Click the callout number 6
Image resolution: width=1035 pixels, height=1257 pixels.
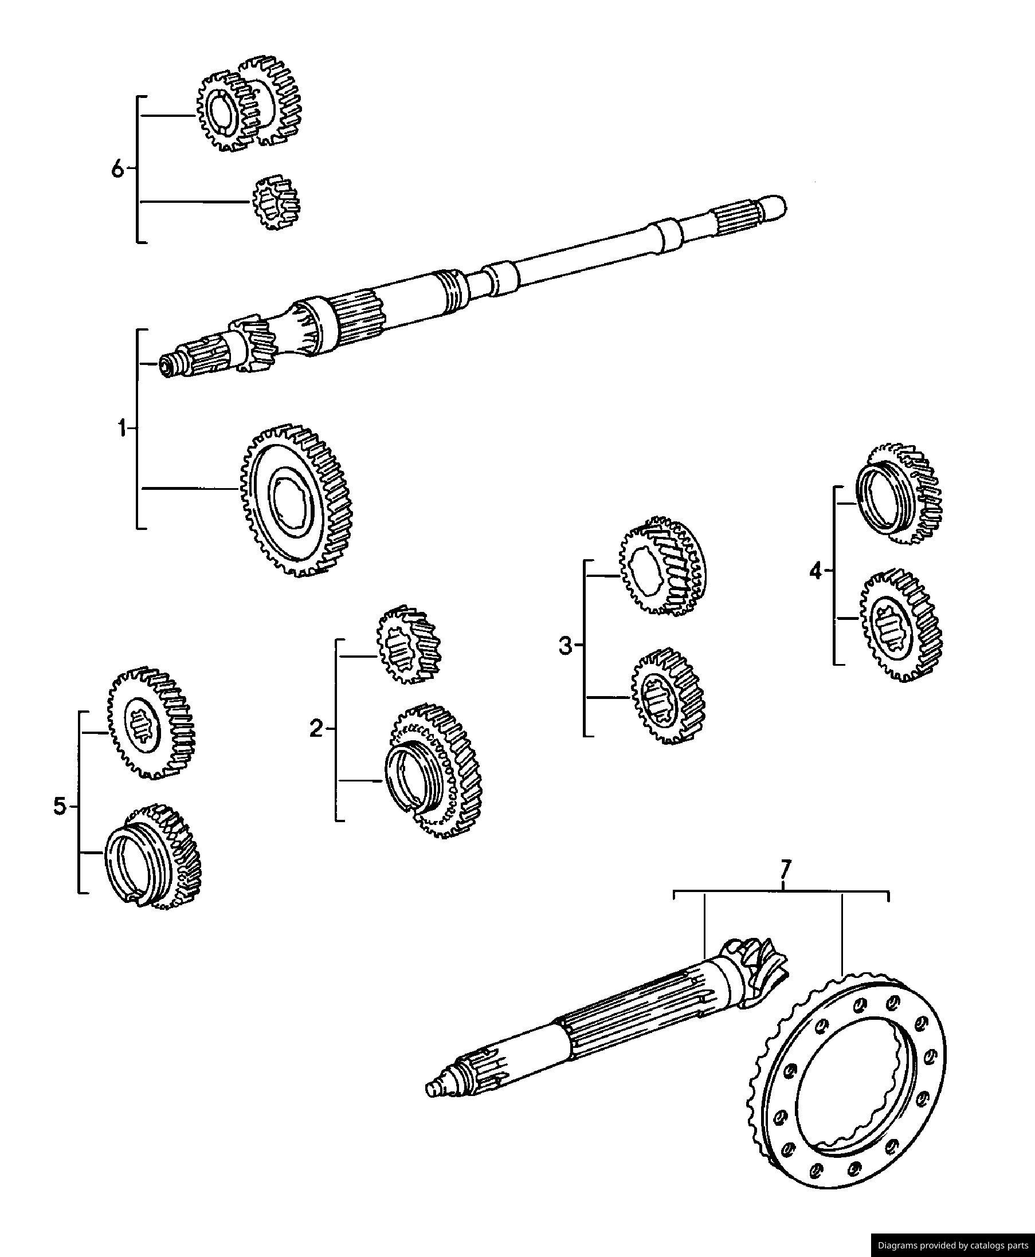click(117, 169)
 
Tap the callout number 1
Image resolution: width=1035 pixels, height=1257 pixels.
click(122, 428)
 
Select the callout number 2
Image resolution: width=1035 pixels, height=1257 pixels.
click(316, 728)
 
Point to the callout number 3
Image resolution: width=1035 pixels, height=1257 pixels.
click(565, 645)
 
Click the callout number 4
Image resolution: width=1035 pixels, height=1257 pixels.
click(816, 572)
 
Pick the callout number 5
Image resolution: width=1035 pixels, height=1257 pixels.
click(60, 807)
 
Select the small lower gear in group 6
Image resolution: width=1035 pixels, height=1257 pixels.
click(276, 203)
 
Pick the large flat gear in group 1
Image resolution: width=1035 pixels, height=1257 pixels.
click(296, 501)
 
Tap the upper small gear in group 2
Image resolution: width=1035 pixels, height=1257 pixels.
click(409, 645)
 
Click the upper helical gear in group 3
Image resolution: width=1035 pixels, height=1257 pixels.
click(663, 566)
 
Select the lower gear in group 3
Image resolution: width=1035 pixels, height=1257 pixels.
click(668, 696)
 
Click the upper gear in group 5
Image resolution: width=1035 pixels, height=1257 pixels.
click(151, 722)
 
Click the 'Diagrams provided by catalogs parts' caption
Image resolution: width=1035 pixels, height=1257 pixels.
click(952, 1245)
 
